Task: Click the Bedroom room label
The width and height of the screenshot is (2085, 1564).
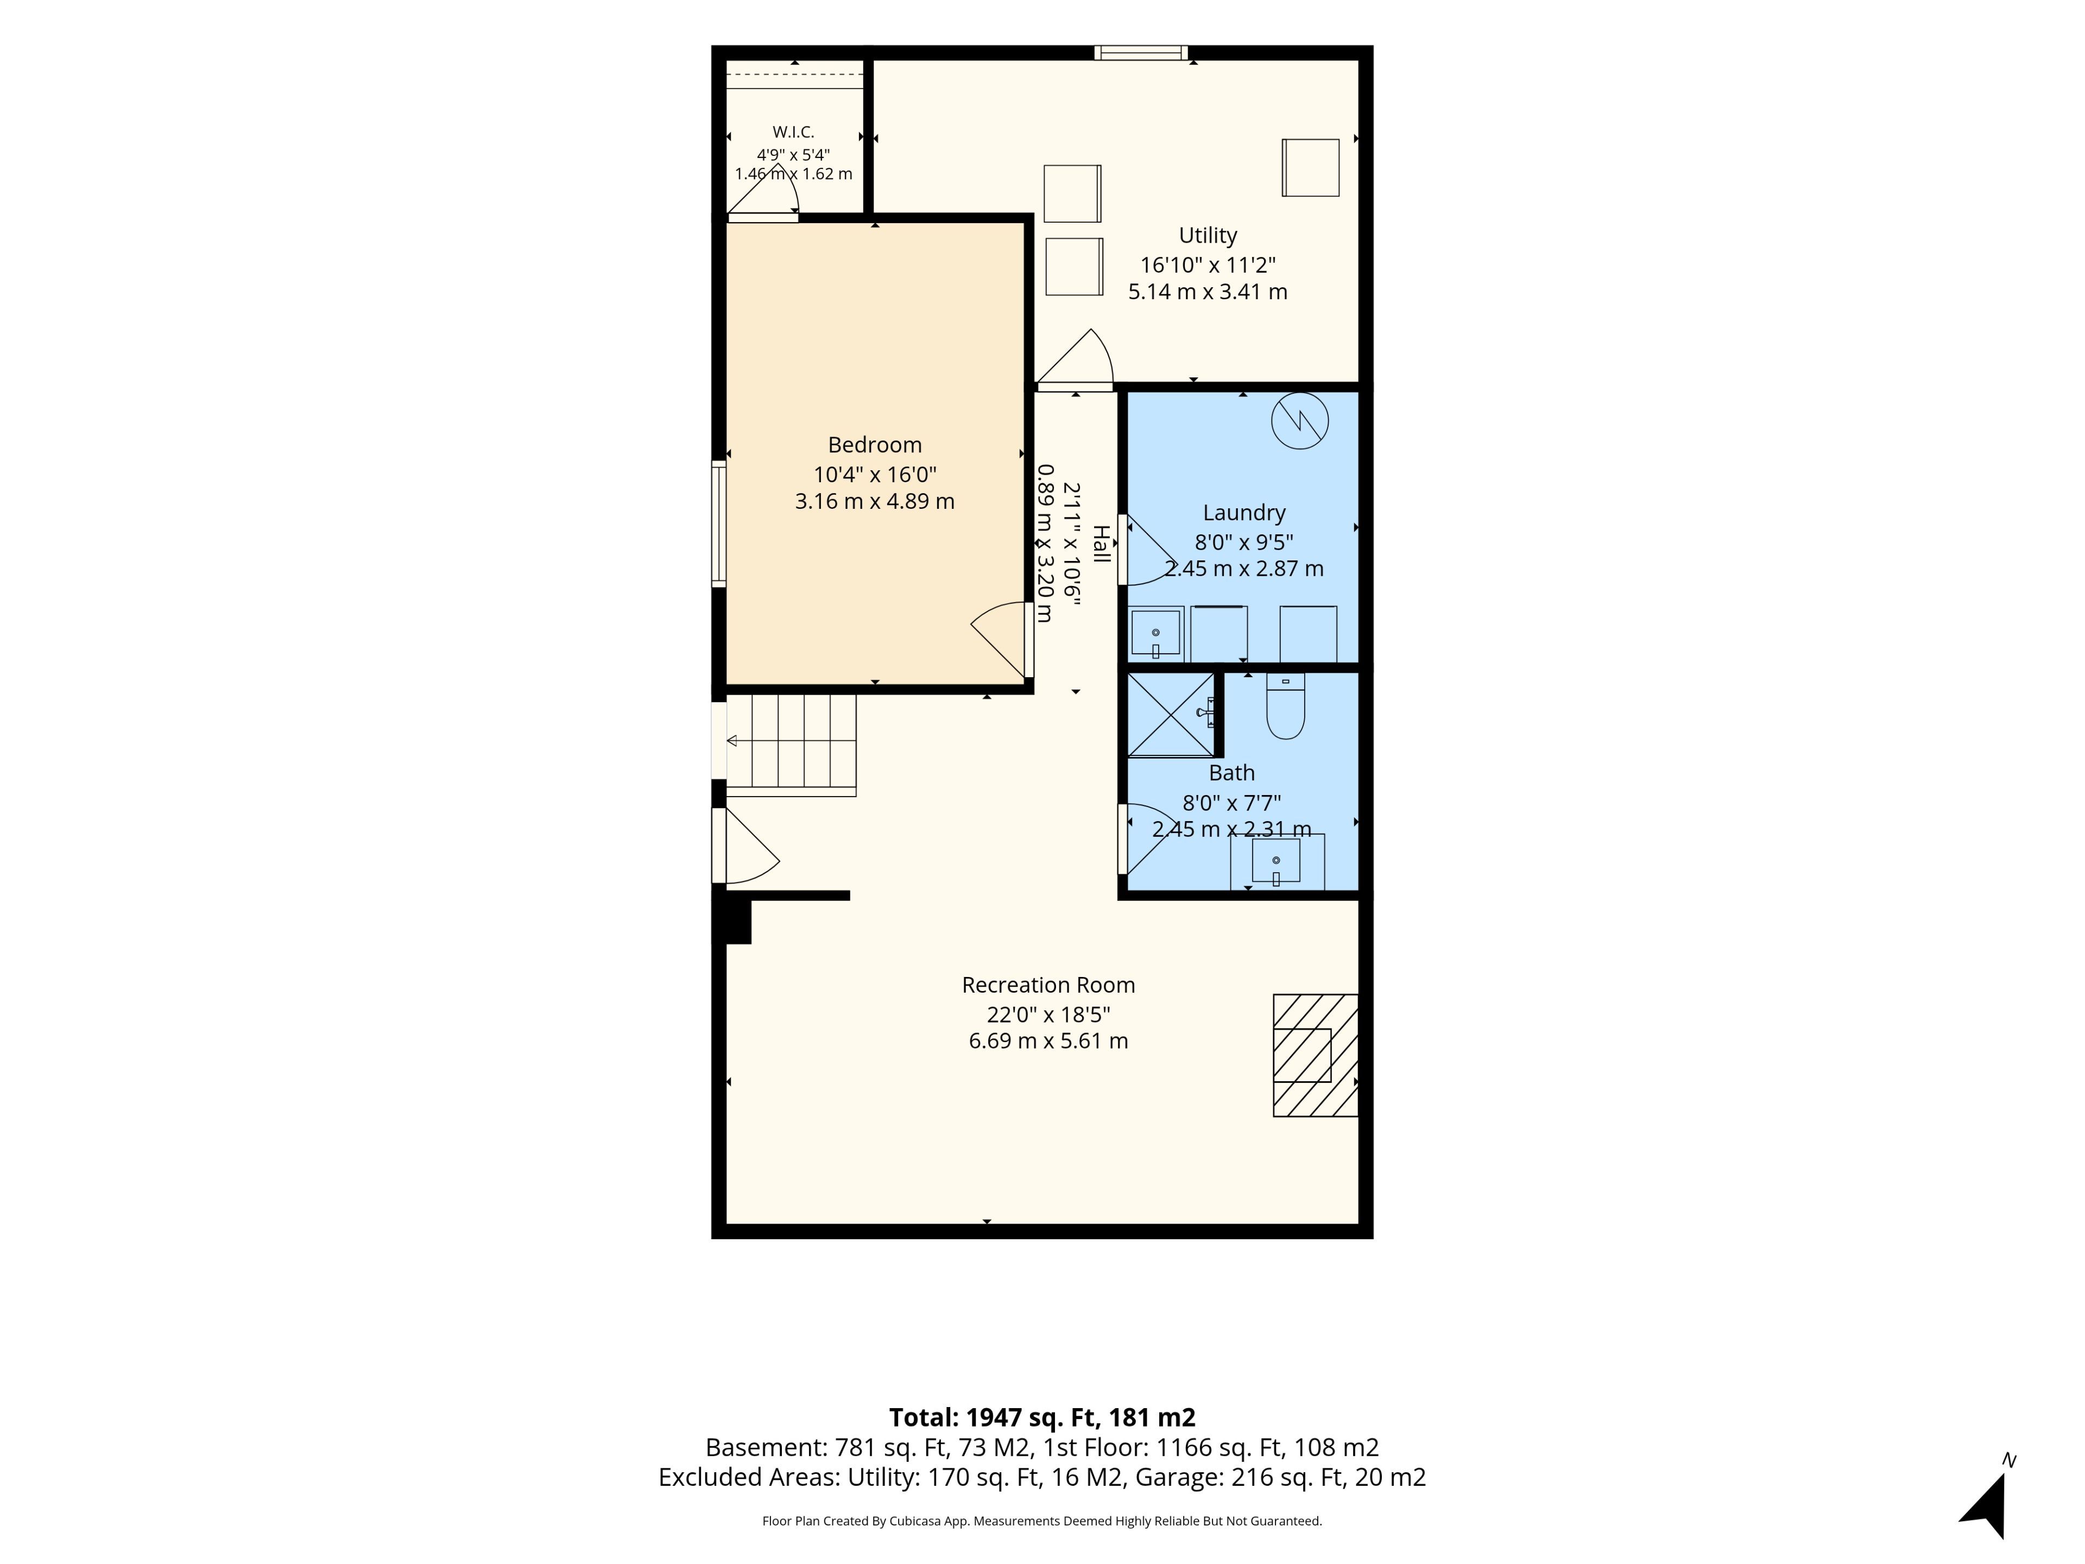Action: (x=875, y=445)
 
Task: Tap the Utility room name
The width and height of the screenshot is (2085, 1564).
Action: (x=1208, y=236)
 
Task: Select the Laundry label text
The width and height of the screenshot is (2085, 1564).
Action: (x=1244, y=513)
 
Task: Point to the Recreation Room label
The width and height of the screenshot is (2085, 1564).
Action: (x=1048, y=985)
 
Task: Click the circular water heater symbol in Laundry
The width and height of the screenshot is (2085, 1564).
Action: (x=1300, y=420)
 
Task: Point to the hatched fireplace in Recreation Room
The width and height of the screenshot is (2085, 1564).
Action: (x=1316, y=1055)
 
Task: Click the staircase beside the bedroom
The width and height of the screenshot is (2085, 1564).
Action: (x=791, y=745)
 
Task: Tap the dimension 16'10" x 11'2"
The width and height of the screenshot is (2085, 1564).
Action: (x=1208, y=265)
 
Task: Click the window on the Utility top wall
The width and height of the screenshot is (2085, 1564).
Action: (x=1141, y=53)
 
